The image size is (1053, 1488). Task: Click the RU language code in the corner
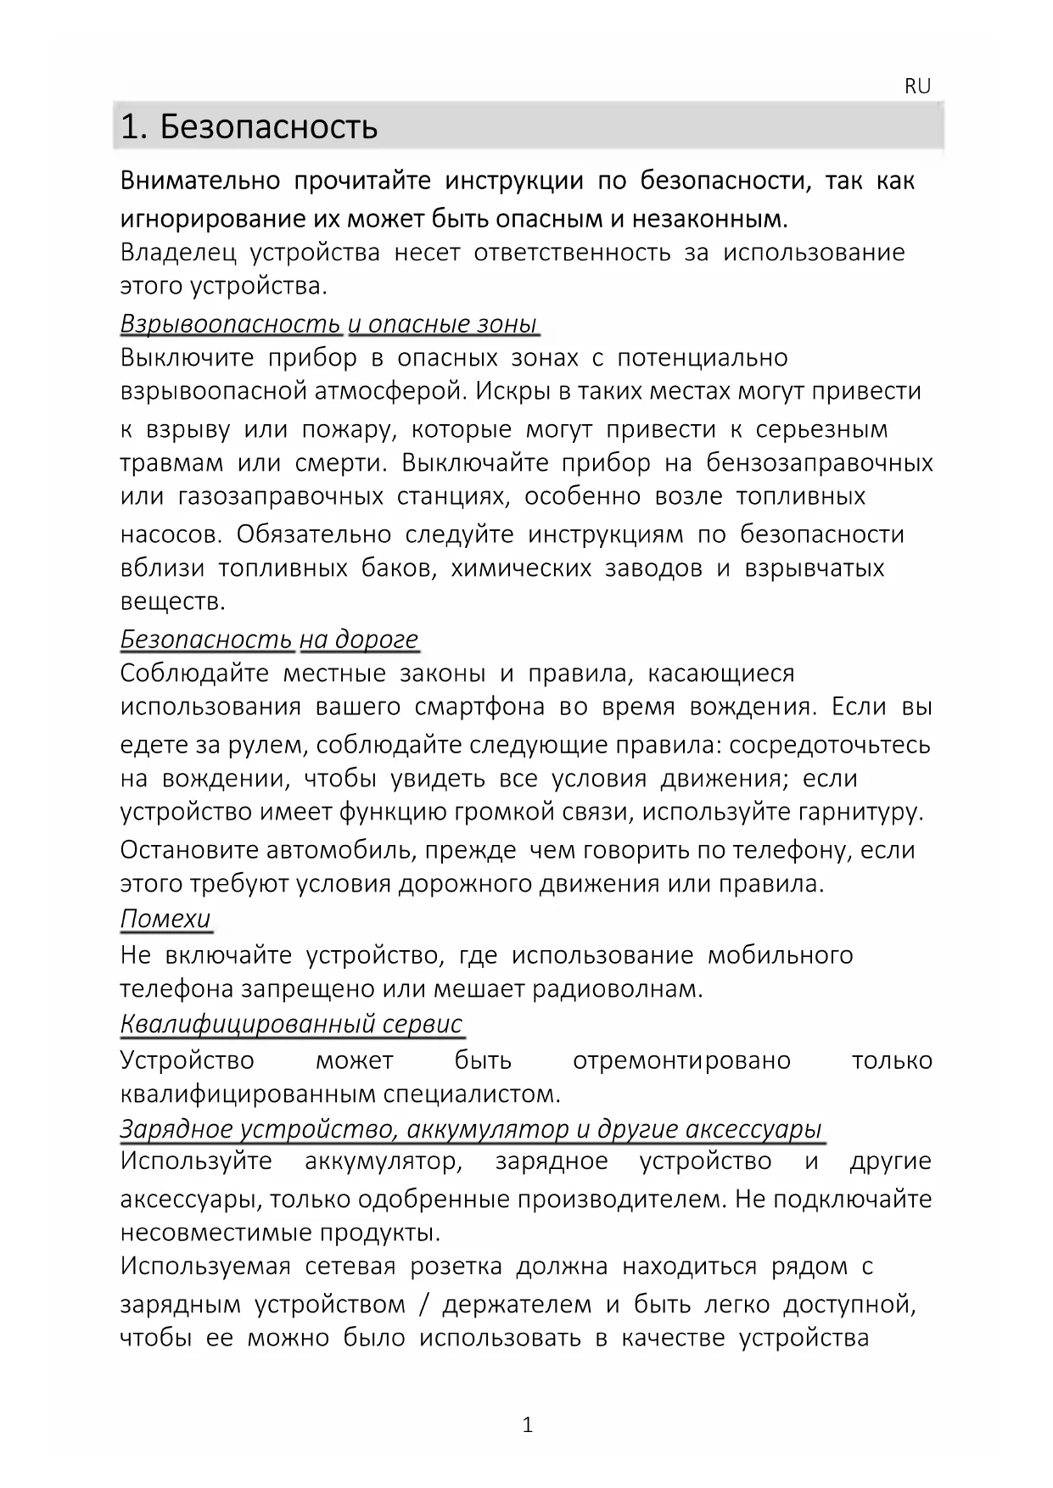coord(917,87)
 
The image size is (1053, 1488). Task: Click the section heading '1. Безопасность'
coord(249,127)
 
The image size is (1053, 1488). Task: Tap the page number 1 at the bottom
coord(527,1424)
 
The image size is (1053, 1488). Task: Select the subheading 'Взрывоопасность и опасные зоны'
coord(329,324)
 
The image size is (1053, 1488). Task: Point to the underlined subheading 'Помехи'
coord(165,919)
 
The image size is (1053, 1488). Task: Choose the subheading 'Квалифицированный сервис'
coord(292,1024)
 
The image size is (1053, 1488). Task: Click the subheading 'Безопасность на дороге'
coord(270,639)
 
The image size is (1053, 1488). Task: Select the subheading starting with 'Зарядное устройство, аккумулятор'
coord(471,1129)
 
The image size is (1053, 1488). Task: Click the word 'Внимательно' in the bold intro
coord(200,181)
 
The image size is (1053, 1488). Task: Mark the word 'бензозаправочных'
coord(820,463)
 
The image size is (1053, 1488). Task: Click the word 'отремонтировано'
coord(681,1060)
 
